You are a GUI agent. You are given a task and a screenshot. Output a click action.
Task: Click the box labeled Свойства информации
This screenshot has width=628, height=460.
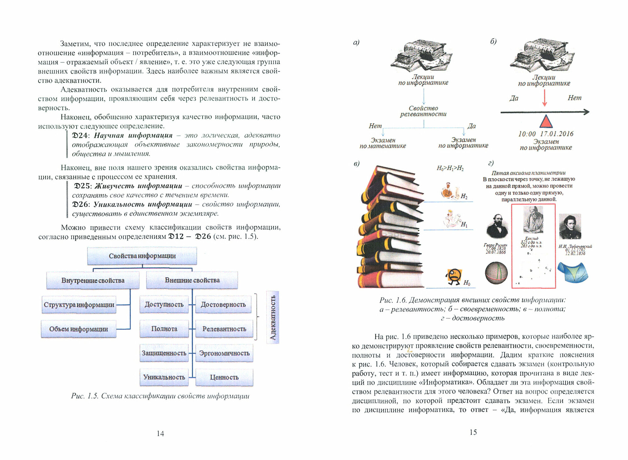142,256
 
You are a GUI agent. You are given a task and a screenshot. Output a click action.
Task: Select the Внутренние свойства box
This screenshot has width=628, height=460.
93,280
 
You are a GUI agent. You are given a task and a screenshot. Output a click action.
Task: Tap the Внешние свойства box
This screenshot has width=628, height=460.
192,280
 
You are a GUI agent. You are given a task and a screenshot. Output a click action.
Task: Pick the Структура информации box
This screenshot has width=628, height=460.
79,305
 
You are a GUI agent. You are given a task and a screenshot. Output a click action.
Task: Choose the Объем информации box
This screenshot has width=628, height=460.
78,329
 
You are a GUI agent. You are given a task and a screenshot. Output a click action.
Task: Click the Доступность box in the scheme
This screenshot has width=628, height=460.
164,304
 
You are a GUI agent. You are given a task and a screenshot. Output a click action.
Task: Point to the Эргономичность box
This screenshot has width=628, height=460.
224,353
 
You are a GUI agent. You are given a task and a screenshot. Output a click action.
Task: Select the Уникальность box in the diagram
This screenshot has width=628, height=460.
164,377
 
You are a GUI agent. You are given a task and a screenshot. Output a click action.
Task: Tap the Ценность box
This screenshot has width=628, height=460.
224,377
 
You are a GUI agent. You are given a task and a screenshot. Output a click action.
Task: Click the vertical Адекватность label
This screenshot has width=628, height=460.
273,317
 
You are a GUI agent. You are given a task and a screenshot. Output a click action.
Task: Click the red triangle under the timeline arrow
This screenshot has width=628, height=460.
546,121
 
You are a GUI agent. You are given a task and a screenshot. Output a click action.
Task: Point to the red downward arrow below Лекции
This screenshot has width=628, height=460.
545,98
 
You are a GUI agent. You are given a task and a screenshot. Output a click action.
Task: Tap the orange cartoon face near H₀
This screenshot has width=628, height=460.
453,276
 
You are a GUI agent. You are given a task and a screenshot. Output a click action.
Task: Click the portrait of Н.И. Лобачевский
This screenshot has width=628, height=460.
570,227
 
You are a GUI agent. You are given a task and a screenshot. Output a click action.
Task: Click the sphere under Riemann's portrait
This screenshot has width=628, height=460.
496,273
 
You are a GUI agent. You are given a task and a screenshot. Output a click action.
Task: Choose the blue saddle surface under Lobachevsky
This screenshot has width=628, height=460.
572,272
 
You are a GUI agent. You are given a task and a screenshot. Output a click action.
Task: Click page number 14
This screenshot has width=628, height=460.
160,434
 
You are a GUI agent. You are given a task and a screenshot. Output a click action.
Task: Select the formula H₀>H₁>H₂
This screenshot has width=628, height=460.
450,168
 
